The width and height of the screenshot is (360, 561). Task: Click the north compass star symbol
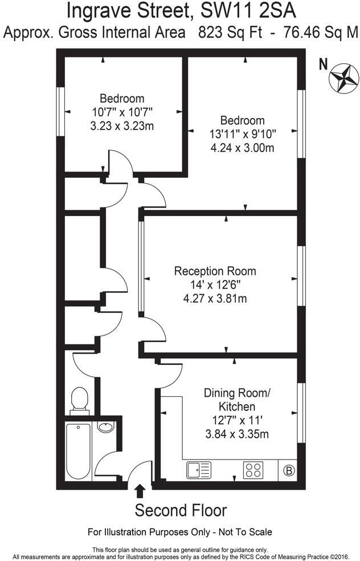pyautogui.click(x=342, y=79)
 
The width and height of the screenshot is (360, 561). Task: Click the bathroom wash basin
pyautogui.click(x=105, y=427)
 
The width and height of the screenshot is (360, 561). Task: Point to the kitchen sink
pyautogui.click(x=198, y=470)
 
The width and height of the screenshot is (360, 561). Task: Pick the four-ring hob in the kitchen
pyautogui.click(x=254, y=470)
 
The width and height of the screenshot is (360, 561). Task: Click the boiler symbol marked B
pyautogui.click(x=289, y=470)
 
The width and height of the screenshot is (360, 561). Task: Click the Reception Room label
pyautogui.click(x=215, y=271)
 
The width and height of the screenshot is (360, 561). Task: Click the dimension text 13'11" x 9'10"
pyautogui.click(x=242, y=135)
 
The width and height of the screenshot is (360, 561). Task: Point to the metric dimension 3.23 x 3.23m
pyautogui.click(x=122, y=127)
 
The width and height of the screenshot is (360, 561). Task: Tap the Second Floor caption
pyautogui.click(x=181, y=510)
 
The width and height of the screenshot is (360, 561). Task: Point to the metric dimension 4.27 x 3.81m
pyautogui.click(x=215, y=298)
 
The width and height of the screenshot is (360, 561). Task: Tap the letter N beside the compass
pyautogui.click(x=323, y=64)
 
